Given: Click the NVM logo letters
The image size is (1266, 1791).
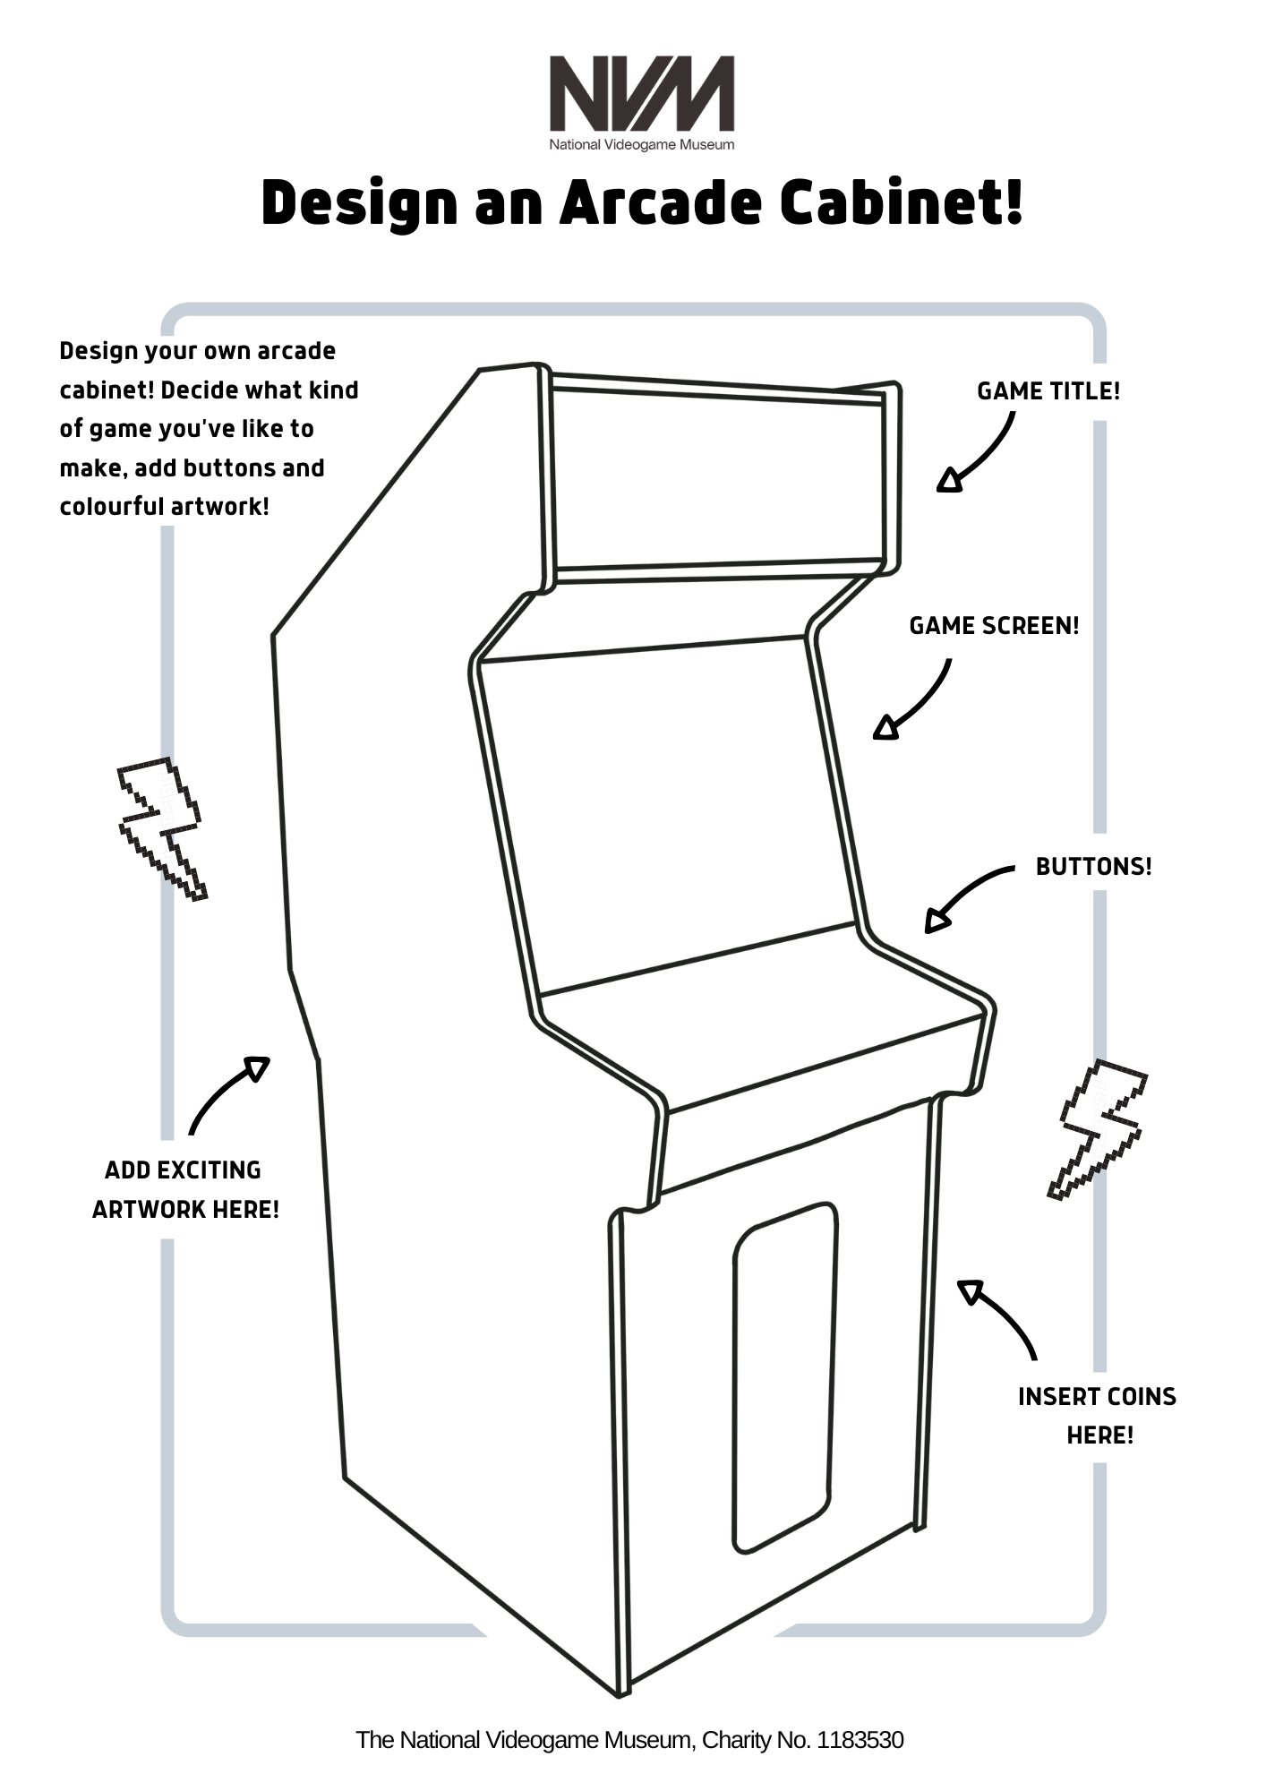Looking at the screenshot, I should pos(641,93).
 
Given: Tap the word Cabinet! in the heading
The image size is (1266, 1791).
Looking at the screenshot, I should pos(901,203).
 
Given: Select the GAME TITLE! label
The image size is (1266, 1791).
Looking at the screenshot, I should pos(1048,391).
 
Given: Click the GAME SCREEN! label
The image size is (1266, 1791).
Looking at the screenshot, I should pos(994,626).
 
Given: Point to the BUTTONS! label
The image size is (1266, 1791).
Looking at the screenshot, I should pos(1093,867).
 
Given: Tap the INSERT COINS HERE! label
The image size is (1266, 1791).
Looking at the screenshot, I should pos(1098,1416).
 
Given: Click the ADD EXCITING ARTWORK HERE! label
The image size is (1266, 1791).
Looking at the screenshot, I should pos(186,1189).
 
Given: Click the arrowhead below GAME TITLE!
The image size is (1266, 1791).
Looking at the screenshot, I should pos(949,481).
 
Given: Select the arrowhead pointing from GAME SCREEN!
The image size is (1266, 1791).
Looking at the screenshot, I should pos(885,727).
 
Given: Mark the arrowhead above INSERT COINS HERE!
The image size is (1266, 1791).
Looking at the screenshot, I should pos(970,1291).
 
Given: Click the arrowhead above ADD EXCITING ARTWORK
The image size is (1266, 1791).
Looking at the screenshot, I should pos(258,1067).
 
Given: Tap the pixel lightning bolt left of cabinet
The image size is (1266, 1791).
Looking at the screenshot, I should pos(162,827).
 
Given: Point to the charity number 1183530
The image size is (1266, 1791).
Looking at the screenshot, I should pos(860,1740).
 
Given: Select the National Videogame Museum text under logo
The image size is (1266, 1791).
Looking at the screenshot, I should pos(641,144).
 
